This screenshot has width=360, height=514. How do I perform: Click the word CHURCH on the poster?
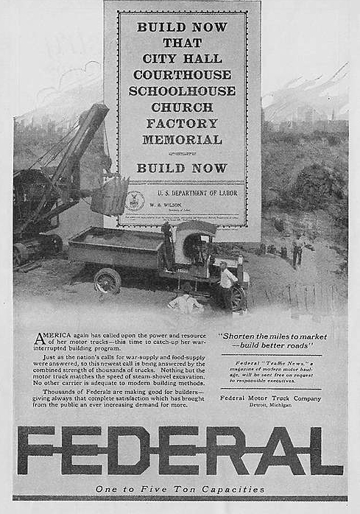(181, 107)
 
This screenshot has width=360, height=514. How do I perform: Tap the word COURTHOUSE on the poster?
(181, 74)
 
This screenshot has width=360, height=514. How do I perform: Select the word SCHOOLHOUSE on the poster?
(182, 91)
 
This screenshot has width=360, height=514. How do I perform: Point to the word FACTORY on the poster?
(181, 123)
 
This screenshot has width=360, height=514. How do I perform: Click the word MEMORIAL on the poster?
(181, 139)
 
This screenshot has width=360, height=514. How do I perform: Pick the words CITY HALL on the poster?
(181, 58)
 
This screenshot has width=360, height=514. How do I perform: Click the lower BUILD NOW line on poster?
(181, 168)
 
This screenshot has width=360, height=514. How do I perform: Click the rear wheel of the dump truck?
(107, 281)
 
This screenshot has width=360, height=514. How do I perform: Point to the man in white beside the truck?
(227, 284)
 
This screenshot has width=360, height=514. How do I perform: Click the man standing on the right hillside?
(297, 250)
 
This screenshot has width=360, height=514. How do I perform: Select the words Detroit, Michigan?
(270, 406)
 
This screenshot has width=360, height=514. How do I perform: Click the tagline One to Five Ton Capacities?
(180, 489)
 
